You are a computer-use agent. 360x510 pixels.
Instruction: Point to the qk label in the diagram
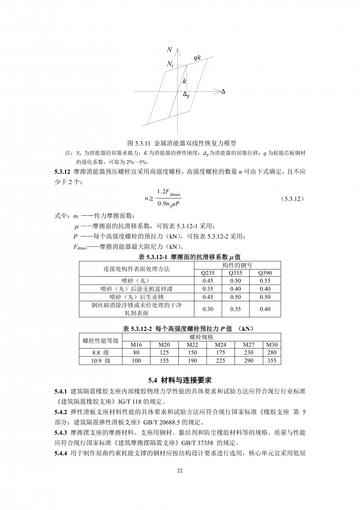(197, 57)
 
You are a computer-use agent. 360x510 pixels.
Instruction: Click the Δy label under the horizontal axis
(186, 95)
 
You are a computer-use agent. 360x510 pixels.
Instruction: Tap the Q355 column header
(235, 273)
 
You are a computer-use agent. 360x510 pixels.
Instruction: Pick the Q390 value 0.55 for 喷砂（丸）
(265, 281)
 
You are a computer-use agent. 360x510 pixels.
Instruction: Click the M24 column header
(220, 345)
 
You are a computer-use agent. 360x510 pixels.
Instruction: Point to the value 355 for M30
(272, 361)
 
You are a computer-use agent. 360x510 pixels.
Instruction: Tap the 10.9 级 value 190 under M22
(193, 361)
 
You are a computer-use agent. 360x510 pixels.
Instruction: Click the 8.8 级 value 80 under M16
(136, 353)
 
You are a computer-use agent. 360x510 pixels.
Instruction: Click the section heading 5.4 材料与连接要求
(180, 380)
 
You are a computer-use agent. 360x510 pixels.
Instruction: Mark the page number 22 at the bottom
(180, 470)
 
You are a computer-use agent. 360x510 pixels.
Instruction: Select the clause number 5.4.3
(61, 432)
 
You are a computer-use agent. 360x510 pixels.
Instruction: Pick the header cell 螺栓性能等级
(100, 341)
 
